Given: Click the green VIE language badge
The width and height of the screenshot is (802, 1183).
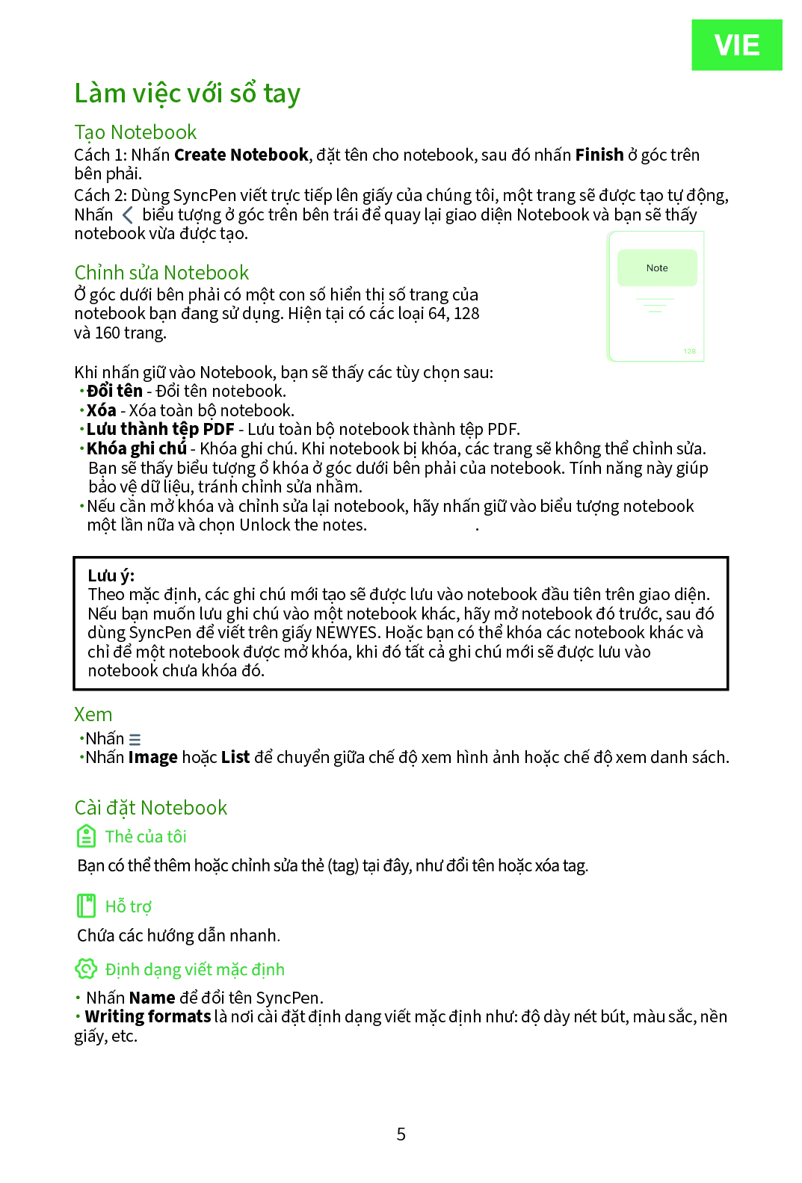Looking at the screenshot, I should pos(736,45).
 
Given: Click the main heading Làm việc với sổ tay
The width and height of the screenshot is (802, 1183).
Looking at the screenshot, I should pos(187,93).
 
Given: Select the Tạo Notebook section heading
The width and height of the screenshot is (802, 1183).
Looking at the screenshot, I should pos(135,132).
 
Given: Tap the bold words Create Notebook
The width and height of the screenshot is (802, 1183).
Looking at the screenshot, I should pos(241,155).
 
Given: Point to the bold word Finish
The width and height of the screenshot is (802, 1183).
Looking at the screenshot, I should pos(599,155).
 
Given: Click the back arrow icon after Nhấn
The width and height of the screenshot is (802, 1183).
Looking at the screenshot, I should pos(128,215).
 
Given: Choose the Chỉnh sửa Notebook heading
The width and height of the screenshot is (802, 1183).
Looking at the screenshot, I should pos(161,273).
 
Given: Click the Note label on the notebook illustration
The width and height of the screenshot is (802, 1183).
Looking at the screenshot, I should pos(657,268).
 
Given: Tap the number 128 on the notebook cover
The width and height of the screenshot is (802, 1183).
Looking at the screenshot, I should pos(689,351).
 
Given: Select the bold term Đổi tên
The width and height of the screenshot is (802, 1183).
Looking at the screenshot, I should pos(114,391).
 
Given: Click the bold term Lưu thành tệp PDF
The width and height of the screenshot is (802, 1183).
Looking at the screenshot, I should pos(160,429).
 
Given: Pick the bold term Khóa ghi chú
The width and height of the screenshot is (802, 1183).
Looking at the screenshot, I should pos(137,448).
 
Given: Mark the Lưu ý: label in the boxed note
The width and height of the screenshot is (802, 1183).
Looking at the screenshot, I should pos(111,575).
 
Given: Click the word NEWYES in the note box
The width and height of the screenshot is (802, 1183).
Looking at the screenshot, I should pos(346,632).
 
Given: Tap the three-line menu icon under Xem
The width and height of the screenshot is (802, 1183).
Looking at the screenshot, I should pos(135,739).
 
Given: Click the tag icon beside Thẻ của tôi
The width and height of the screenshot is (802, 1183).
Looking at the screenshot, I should pos(87,836).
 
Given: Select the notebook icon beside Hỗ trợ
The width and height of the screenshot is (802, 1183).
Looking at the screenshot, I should pos(87,906).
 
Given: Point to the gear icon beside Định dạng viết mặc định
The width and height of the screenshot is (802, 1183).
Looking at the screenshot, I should pos(86,969).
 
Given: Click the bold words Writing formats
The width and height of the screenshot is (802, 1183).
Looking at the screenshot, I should pos(148,1016).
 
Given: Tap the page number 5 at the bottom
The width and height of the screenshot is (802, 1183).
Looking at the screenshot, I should pos(401,1134).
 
